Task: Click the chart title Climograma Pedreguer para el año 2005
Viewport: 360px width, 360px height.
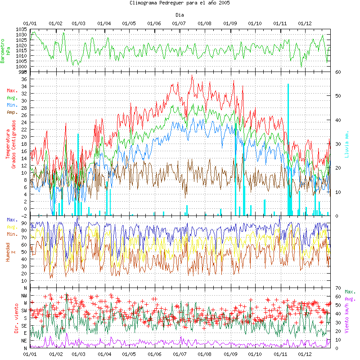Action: point(180,3)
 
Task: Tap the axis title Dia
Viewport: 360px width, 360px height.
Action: point(180,15)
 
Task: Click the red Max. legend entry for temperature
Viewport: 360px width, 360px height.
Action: point(12,90)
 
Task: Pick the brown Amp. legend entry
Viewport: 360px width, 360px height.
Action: point(12,112)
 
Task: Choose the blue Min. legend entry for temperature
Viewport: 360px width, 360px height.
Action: point(12,105)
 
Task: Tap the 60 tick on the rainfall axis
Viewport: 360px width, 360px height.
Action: point(338,72)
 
